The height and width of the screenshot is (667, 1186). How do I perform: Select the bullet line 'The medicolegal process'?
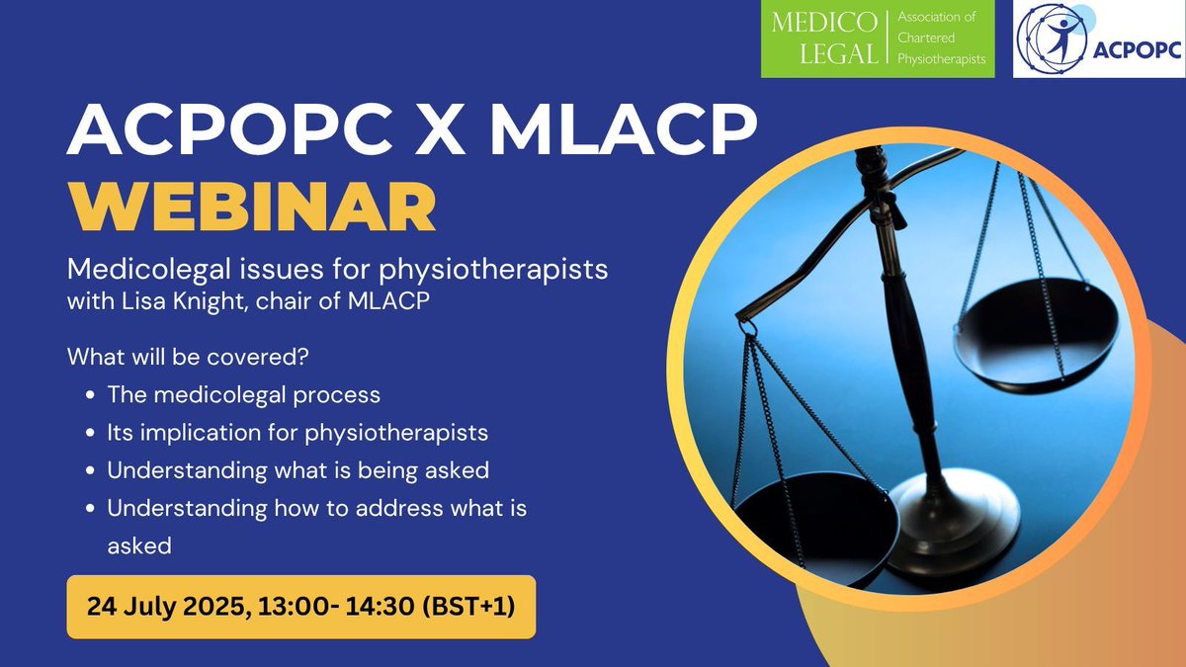[244, 395]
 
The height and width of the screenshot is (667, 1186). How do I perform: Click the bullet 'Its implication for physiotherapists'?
[297, 433]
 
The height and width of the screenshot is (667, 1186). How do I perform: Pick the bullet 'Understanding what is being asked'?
[297, 470]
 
